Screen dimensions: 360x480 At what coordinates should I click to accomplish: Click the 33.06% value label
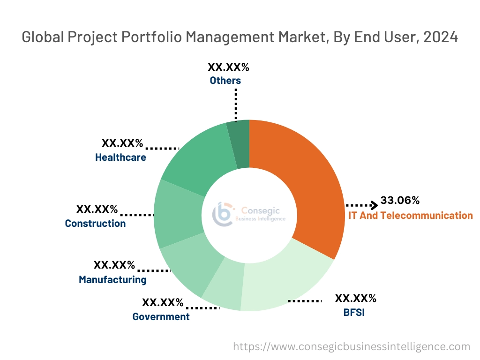[x=400, y=201]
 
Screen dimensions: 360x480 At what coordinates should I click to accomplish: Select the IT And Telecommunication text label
[x=411, y=216]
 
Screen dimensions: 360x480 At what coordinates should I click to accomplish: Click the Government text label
[x=161, y=317]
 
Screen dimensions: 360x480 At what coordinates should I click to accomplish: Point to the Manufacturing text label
[x=112, y=280]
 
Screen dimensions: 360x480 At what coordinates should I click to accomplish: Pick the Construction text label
[x=95, y=224]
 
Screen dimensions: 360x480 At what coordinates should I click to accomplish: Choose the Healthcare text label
[x=120, y=157]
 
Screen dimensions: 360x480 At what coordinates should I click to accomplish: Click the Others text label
[x=225, y=81]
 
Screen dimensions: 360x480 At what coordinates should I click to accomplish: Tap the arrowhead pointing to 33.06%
[x=374, y=205]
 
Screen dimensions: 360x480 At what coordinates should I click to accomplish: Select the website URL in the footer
[x=352, y=347]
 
